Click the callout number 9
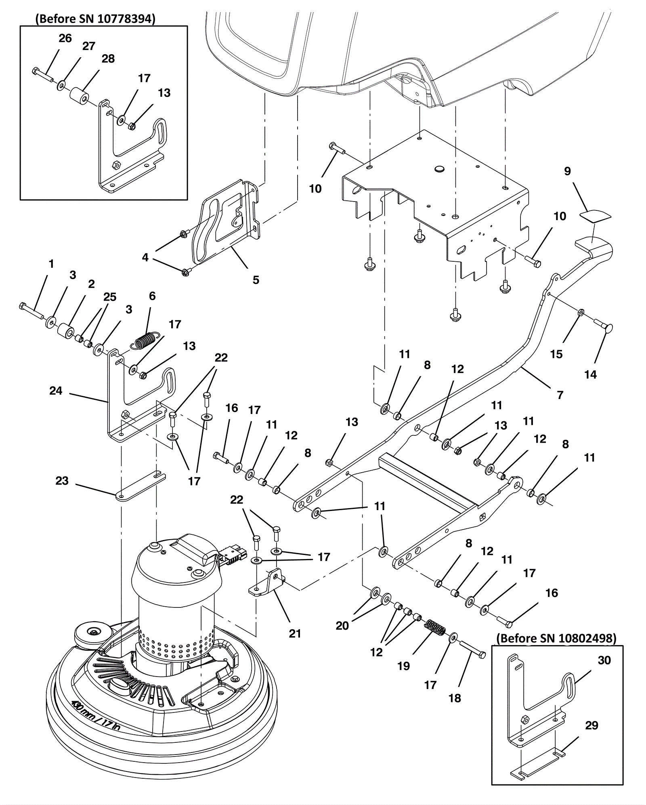[567, 171]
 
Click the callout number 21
[295, 633]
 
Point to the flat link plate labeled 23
[141, 486]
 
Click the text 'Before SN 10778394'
[95, 19]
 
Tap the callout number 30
[604, 660]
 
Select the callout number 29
[591, 725]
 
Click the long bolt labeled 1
[31, 311]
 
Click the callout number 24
[56, 391]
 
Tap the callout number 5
[256, 280]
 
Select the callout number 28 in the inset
[108, 59]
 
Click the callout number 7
[560, 395]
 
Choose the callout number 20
[342, 625]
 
